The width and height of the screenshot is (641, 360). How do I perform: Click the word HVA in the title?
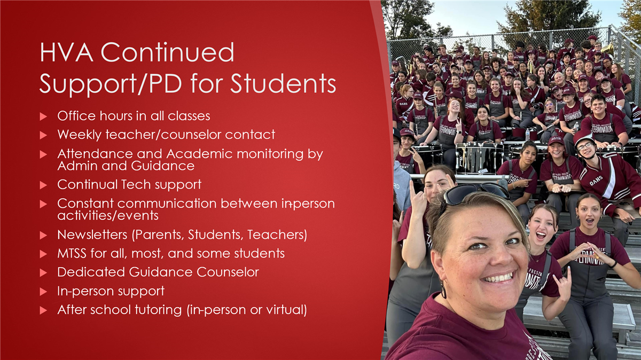coord(66,52)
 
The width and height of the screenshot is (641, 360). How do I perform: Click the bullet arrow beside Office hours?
coord(43,116)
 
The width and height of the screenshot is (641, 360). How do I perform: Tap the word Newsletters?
coord(92,234)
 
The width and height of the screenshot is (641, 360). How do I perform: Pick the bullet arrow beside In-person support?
coord(43,292)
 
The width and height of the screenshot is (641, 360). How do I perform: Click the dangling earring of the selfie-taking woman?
coord(443,289)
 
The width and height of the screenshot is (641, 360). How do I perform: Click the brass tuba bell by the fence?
coord(607,49)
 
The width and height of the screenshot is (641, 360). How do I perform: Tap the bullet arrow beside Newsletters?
coord(43,236)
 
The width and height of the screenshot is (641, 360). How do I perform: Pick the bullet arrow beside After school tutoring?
coord(43,310)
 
